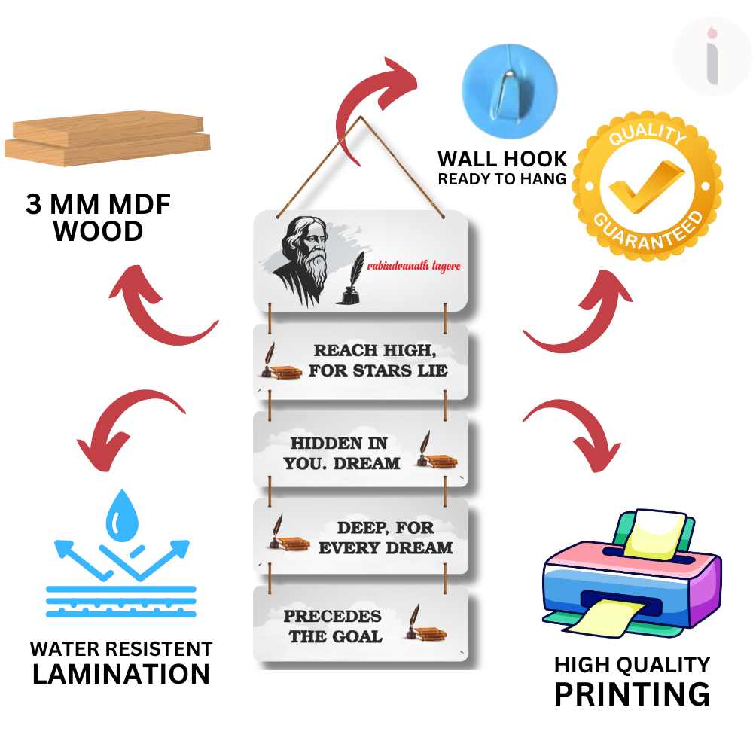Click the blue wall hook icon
(x=509, y=84)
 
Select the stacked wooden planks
(x=108, y=138)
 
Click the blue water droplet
(x=120, y=515)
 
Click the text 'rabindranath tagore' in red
(x=413, y=266)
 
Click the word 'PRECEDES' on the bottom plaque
(x=332, y=616)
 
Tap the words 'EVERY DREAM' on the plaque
(x=386, y=547)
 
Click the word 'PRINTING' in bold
(x=632, y=693)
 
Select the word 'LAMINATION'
(x=121, y=674)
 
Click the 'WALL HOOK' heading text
(x=502, y=159)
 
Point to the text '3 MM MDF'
(x=99, y=205)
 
